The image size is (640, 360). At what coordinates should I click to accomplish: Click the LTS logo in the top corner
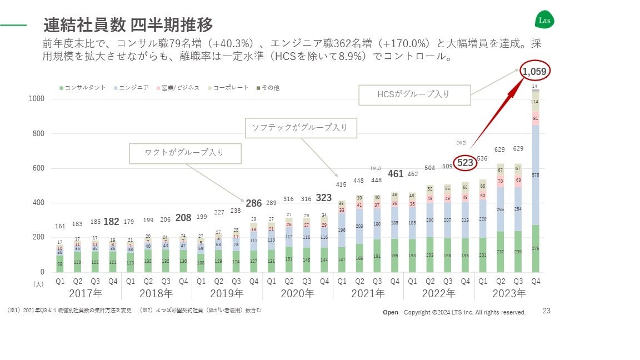[544, 21]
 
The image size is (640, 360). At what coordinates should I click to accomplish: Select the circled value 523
[465, 162]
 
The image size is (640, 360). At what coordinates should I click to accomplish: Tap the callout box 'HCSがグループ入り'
[414, 95]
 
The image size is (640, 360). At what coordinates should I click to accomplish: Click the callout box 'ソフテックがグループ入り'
[301, 128]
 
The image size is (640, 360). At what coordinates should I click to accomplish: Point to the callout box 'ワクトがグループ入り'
[185, 153]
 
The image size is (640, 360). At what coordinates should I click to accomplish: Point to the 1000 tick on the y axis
[37, 99]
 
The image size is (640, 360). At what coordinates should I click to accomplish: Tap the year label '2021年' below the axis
[368, 293]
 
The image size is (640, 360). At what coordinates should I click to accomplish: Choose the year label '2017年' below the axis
[85, 293]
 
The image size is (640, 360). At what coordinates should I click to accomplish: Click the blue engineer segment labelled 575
[536, 175]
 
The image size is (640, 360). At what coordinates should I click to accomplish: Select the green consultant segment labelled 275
[536, 248]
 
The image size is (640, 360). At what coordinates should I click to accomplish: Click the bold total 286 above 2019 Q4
[254, 203]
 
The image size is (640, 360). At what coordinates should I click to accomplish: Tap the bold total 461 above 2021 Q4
[395, 174]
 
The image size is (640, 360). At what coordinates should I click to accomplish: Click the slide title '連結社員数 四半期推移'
[128, 25]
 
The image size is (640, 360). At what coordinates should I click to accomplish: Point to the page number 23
[547, 311]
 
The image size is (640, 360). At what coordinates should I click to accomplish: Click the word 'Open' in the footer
[391, 312]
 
